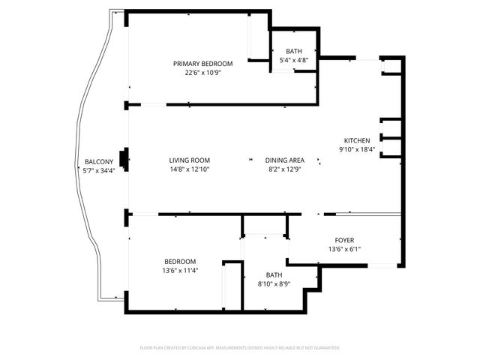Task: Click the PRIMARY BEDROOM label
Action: (202, 64)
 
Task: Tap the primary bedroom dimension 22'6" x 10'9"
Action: (202, 73)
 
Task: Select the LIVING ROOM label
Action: (189, 160)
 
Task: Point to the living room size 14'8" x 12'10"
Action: (189, 169)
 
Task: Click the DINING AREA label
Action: (284, 160)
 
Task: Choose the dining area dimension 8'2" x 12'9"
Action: (284, 169)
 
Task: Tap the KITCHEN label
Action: (356, 141)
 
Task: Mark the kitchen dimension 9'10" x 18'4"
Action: (356, 150)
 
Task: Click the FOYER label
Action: (344, 240)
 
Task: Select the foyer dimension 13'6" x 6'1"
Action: (344, 249)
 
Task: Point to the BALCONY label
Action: (98, 162)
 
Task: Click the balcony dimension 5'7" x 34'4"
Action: (98, 171)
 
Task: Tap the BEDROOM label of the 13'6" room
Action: (180, 261)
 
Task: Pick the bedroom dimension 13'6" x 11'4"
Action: (180, 270)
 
